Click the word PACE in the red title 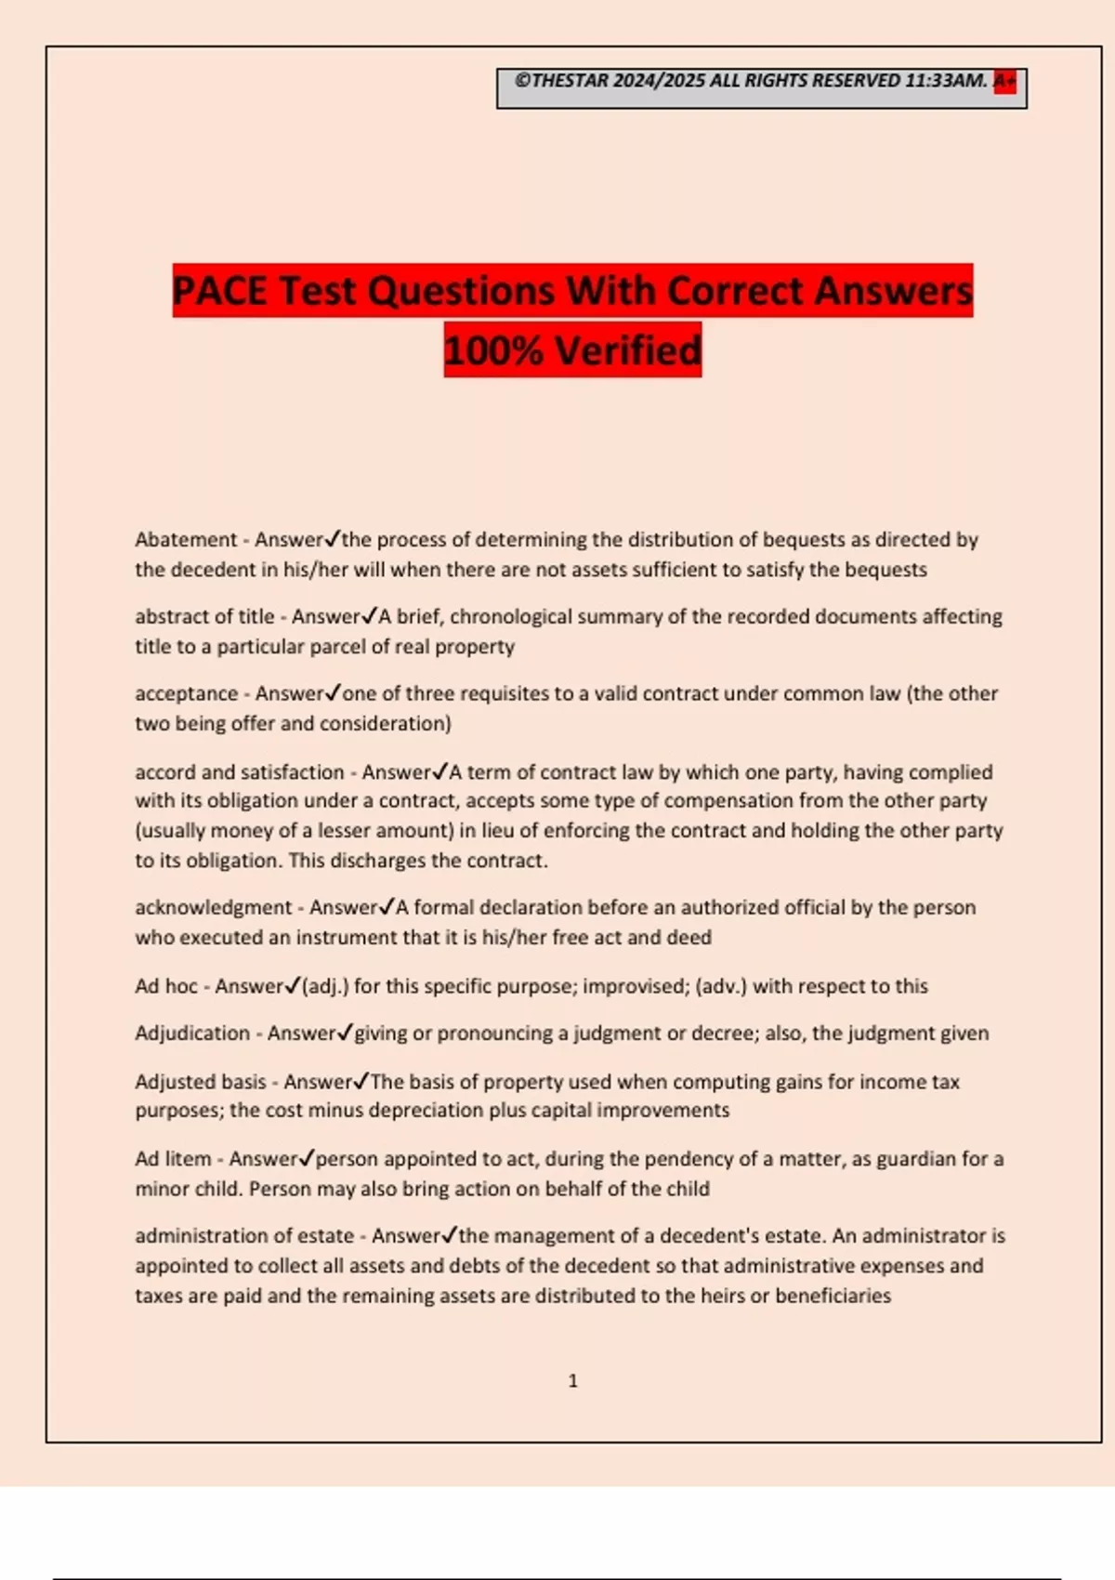click(x=221, y=291)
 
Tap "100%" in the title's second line click(x=493, y=351)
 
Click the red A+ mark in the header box click(x=1004, y=82)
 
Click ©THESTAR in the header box click(x=561, y=82)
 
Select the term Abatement click(x=186, y=540)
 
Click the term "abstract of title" click(x=204, y=617)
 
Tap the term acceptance click(x=186, y=694)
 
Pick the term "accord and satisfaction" click(x=239, y=772)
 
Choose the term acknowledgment click(x=213, y=908)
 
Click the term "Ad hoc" click(x=166, y=986)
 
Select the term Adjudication click(x=191, y=1034)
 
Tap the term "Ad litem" click(x=173, y=1159)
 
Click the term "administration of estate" click(x=244, y=1236)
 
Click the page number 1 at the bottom click(x=572, y=1381)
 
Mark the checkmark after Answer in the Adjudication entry click(x=345, y=1032)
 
